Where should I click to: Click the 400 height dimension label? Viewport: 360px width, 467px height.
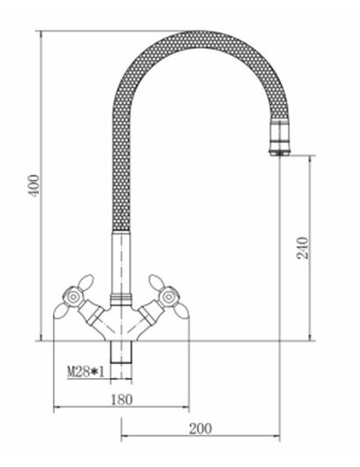pyautogui.click(x=35, y=185)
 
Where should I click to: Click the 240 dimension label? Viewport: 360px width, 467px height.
pyautogui.click(x=303, y=248)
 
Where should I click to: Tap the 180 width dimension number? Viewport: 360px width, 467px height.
pyautogui.click(x=121, y=399)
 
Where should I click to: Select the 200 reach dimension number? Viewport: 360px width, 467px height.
pyautogui.click(x=201, y=428)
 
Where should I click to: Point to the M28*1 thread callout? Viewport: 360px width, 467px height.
pyautogui.click(x=86, y=372)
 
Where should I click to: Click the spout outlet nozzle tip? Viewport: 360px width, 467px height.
pyautogui.click(x=279, y=153)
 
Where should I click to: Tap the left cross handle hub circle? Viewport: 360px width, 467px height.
pyautogui.click(x=73, y=297)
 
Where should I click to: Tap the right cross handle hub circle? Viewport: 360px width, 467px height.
pyautogui.click(x=169, y=297)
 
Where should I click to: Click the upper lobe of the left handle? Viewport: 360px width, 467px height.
pyautogui.click(x=87, y=282)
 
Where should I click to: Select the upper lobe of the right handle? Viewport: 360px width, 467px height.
pyautogui.click(x=155, y=282)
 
